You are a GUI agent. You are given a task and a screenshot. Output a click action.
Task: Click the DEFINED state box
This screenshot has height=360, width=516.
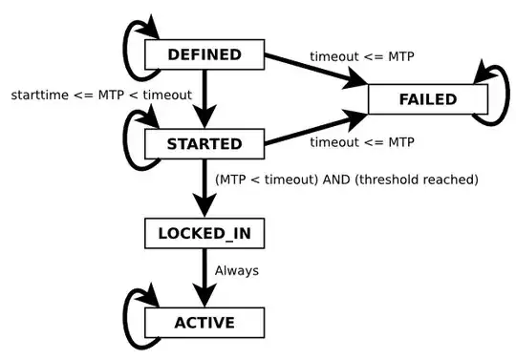tap(204, 54)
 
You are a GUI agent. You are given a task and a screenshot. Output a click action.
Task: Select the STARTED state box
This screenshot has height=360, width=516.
tap(204, 144)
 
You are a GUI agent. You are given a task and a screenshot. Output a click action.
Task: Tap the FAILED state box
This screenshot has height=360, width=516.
tap(427, 99)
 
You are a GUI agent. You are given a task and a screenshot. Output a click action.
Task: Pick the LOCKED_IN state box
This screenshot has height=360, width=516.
tap(204, 232)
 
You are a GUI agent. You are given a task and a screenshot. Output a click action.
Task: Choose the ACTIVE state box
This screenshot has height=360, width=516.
tap(204, 321)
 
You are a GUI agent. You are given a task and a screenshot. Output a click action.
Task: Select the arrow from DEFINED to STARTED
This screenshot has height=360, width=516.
tap(204, 99)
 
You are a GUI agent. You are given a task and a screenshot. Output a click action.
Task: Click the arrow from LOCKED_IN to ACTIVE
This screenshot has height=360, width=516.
tap(204, 276)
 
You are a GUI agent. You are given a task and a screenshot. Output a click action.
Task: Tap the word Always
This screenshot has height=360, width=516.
tap(236, 270)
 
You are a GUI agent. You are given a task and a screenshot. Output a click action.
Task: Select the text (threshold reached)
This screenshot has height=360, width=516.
tap(415, 179)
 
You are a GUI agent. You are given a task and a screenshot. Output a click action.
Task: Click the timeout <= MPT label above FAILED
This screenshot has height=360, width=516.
tap(361, 55)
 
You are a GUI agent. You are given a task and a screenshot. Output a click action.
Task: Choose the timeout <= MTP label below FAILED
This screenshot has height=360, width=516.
tap(361, 142)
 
